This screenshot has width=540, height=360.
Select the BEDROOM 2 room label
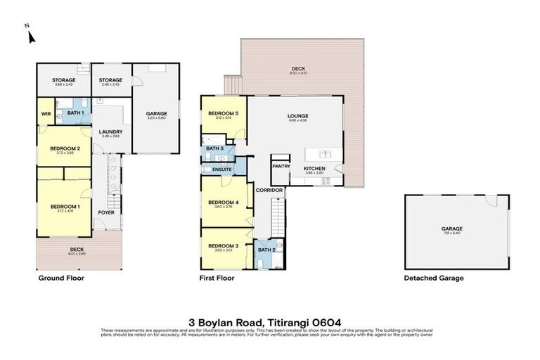64,148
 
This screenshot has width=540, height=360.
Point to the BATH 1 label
75,113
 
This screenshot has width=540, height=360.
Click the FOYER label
106,212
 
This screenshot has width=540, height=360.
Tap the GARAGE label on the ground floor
155,113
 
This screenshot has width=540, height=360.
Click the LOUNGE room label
298,116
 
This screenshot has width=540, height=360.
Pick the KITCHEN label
314,169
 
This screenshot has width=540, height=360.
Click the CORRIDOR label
269,190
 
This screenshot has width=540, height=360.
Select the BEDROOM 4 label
223,203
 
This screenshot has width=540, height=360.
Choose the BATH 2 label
265,250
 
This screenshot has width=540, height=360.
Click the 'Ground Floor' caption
60,278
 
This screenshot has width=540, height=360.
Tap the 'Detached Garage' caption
433,278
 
